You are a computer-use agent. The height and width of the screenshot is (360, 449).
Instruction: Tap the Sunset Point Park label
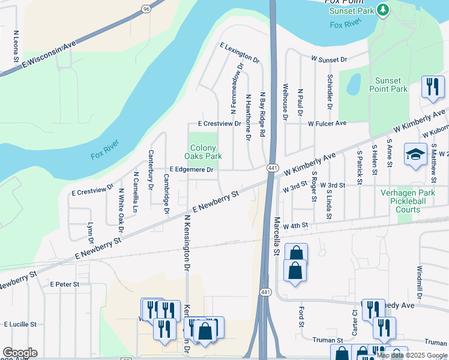(x=391, y=85)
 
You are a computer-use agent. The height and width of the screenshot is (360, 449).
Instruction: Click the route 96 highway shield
(x=146, y=8)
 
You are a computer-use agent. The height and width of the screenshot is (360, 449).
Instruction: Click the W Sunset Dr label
(x=329, y=60)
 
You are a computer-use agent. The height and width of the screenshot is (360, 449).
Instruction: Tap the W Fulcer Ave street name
(x=327, y=123)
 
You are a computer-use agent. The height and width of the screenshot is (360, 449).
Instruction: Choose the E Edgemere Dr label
(x=191, y=170)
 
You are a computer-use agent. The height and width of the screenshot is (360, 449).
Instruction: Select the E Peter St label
(x=65, y=284)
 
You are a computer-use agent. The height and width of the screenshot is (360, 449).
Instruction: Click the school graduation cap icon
(x=415, y=155)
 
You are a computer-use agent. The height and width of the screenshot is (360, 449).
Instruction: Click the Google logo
(x=20, y=353)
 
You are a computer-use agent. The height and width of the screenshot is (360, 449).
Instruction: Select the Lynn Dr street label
(x=91, y=232)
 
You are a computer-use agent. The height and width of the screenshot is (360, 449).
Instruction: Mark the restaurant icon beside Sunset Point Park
(x=432, y=87)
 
